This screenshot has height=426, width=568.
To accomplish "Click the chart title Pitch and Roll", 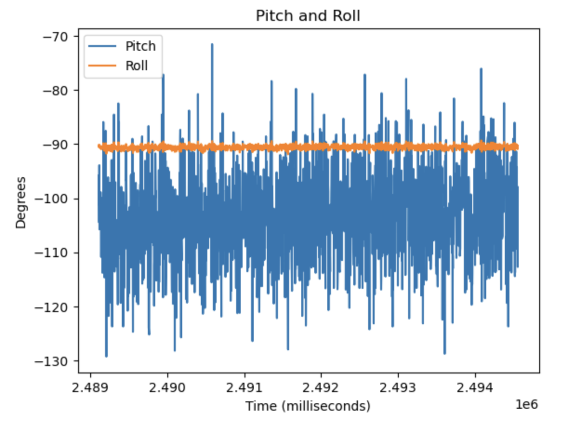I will [x=308, y=16].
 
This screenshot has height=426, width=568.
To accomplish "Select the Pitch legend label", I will [x=140, y=46].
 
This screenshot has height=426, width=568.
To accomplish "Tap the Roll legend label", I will [x=137, y=66].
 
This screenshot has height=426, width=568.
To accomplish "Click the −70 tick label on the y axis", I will [x=56, y=36].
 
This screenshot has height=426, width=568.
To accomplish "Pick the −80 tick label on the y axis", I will [x=56, y=90].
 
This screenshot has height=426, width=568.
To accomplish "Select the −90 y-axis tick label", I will [x=56, y=145].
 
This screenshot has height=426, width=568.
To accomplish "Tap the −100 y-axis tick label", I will [x=53, y=199].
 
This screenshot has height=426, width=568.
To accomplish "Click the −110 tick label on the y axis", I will [x=53, y=253].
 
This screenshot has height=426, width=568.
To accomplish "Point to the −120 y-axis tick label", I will [x=53, y=307].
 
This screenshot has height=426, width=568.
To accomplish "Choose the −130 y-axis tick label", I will [x=53, y=361].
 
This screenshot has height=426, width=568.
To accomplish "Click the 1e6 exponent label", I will [x=527, y=405].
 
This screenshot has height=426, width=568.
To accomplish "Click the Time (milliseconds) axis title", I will [x=308, y=406].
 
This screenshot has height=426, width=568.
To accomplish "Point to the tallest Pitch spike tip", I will [x=212, y=45].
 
